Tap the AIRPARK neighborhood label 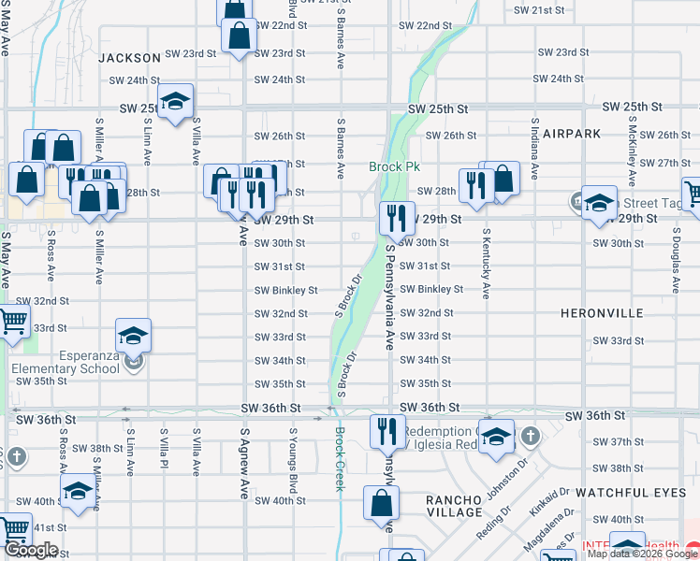point(571,134)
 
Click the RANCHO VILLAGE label point(454,506)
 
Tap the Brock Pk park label point(393,167)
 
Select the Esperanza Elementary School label point(66,361)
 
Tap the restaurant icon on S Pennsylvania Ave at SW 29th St point(397,219)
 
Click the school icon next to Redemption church point(496,437)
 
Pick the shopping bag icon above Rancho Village point(384,503)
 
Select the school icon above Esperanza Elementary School point(134,335)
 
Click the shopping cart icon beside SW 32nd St point(13,322)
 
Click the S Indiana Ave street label point(534,149)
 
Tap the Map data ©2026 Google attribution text point(642,554)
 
